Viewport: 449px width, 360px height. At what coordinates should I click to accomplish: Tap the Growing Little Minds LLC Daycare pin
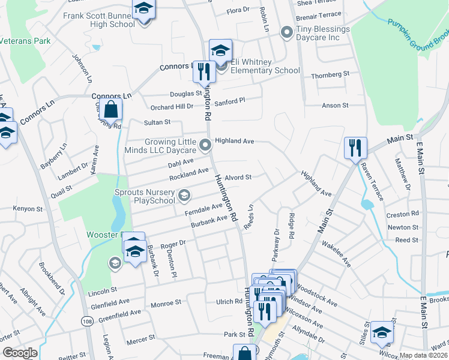pos(205,145)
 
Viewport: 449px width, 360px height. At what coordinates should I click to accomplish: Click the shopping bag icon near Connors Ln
pos(111,110)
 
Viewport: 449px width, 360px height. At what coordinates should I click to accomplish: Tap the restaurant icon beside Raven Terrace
pos(355,147)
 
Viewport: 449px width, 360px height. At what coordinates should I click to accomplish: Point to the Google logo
pos(20,353)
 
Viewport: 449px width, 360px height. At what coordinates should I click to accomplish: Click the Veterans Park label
pos(25,41)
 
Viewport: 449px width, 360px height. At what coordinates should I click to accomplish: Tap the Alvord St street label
pos(238,178)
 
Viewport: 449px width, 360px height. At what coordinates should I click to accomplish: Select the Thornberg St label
pos(330,75)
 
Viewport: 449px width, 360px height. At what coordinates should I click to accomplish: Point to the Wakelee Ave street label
pos(336,253)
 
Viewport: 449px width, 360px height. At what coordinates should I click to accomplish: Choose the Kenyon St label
pos(28,209)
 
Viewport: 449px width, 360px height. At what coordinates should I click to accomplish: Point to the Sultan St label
pos(157,122)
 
